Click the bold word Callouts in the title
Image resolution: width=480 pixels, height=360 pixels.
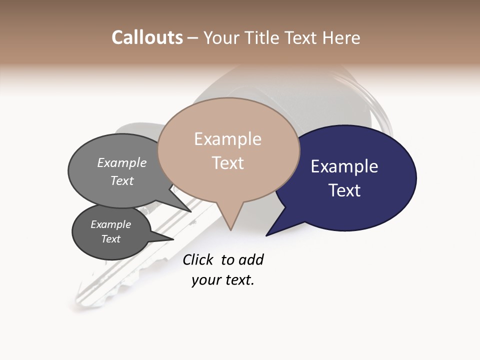click(147, 37)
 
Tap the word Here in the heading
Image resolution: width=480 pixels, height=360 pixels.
click(342, 37)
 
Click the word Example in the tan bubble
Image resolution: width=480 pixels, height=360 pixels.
click(227, 139)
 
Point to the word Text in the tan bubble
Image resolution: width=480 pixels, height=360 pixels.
click(227, 163)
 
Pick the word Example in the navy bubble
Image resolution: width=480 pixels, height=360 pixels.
click(344, 166)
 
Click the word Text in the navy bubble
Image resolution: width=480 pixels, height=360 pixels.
click(344, 190)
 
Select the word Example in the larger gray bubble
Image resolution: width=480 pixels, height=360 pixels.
click(122, 163)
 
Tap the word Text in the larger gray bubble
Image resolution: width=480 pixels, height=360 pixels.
click(122, 181)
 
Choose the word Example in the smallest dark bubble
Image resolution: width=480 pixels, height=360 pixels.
click(110, 224)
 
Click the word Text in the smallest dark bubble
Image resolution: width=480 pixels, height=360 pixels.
click(110, 239)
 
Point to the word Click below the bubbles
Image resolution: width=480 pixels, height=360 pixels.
click(197, 259)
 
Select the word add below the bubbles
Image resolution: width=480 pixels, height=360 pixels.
click(250, 259)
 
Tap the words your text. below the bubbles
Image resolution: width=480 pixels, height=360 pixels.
click(222, 280)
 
